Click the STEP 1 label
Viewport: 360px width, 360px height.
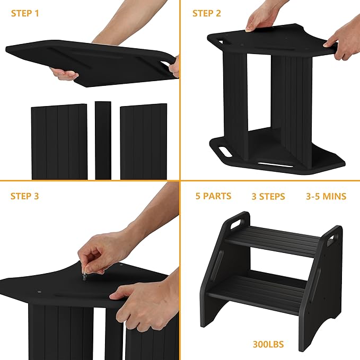(x=25, y=13)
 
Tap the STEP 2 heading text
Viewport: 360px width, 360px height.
(x=206, y=13)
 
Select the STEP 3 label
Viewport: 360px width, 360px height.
(x=25, y=196)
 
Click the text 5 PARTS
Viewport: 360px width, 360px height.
(x=213, y=196)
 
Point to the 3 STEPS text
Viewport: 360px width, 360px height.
(x=268, y=197)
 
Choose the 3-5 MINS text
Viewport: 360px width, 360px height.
(x=326, y=196)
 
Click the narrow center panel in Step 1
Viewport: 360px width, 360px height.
(x=103, y=140)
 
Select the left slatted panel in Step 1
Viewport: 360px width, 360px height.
(x=58, y=142)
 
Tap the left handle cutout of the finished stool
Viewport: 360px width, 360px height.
(x=236, y=221)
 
